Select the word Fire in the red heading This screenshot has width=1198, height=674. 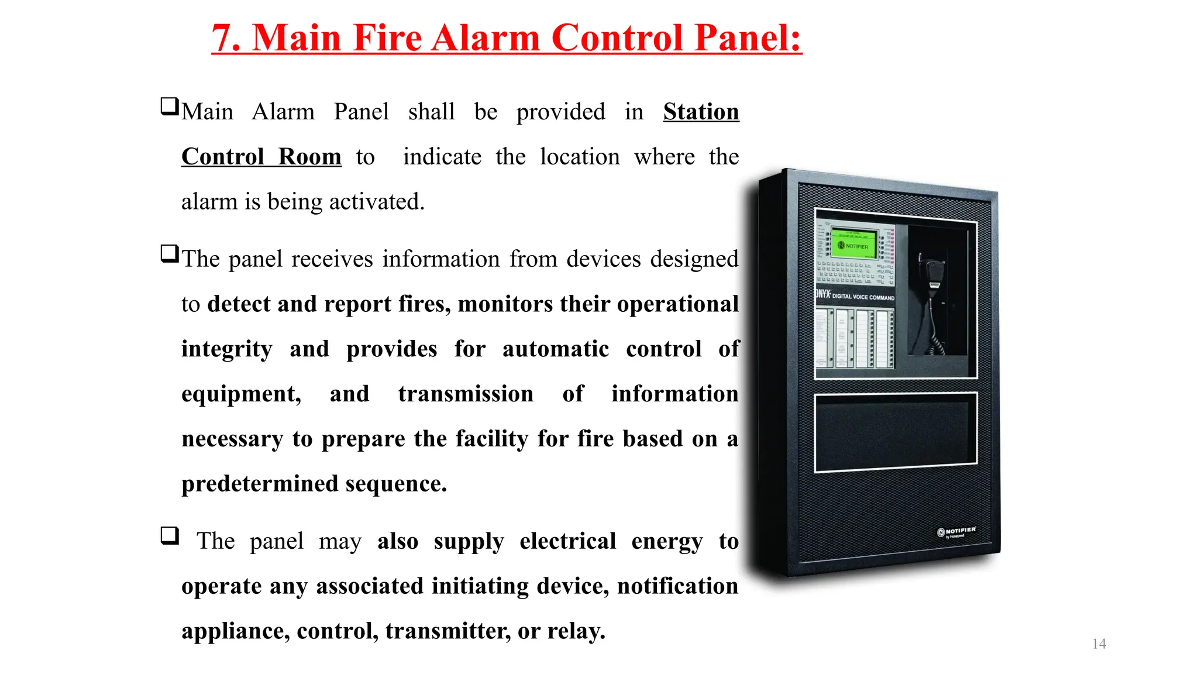(x=387, y=39)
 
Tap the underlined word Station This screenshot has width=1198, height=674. (x=701, y=112)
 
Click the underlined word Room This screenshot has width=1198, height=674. (x=309, y=157)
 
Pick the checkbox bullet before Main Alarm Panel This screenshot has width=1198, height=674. (x=170, y=106)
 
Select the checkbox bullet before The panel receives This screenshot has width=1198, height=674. (x=170, y=254)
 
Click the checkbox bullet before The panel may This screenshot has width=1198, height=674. (x=170, y=535)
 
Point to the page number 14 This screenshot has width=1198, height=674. (x=1099, y=644)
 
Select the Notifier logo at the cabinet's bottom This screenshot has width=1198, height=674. (x=956, y=532)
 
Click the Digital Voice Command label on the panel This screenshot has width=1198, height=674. (x=862, y=297)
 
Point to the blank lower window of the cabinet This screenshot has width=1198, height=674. (x=895, y=432)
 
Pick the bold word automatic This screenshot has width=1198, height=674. (x=555, y=349)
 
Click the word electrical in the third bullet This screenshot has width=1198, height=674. (x=567, y=541)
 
